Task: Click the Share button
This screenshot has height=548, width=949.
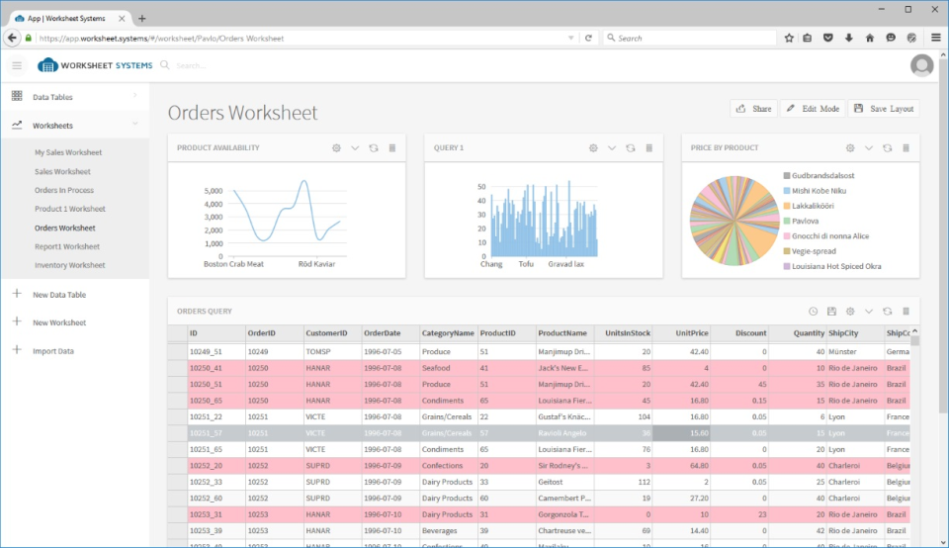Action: click(753, 109)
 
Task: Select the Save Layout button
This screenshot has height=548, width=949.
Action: click(883, 109)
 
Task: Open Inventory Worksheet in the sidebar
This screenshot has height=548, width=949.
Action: click(69, 265)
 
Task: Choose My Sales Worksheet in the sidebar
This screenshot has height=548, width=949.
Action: click(68, 152)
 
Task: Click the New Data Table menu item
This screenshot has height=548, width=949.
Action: click(59, 295)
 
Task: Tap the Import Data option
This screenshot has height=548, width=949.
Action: click(53, 351)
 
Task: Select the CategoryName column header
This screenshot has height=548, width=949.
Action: click(448, 333)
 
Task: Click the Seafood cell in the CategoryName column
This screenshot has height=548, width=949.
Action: click(436, 368)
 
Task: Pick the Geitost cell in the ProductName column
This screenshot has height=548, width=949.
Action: click(552, 482)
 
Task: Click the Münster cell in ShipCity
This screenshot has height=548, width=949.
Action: click(842, 352)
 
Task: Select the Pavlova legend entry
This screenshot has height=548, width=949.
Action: click(805, 221)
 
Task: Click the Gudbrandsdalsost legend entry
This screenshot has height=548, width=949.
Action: click(822, 176)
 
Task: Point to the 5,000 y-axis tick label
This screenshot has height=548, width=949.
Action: click(213, 191)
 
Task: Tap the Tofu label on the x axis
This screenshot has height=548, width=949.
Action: click(527, 264)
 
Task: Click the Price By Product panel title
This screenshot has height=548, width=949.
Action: click(725, 148)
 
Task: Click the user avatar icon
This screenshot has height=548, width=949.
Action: click(921, 65)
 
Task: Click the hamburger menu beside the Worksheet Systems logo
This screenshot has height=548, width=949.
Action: click(17, 65)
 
